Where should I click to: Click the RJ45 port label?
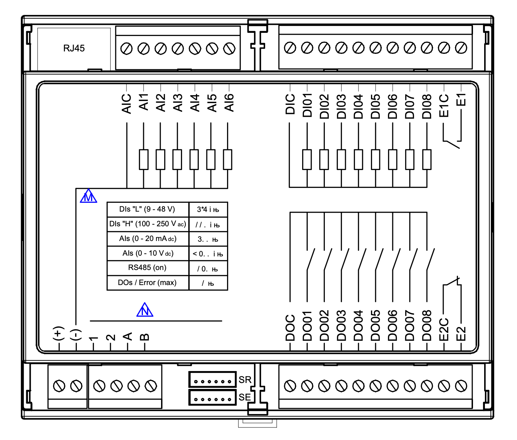(74, 48)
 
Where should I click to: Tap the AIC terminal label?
(126, 104)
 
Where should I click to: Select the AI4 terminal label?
(195, 102)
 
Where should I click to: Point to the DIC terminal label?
(290, 104)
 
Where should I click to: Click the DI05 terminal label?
(376, 106)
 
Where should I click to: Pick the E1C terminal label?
(444, 105)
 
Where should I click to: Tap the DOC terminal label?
(290, 328)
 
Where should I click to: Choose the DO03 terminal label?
(341, 325)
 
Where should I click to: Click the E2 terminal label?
(461, 333)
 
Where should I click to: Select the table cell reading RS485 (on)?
(147, 268)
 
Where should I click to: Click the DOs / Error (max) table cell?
(147, 283)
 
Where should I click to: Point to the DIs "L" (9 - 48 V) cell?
(147, 209)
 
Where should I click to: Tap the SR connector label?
(245, 380)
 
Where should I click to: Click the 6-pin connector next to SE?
(212, 398)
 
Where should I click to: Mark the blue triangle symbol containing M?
(89, 197)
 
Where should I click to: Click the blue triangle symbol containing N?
(145, 310)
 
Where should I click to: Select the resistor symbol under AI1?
(144, 159)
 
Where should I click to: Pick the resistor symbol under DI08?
(427, 159)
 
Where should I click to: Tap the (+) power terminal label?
(58, 333)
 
